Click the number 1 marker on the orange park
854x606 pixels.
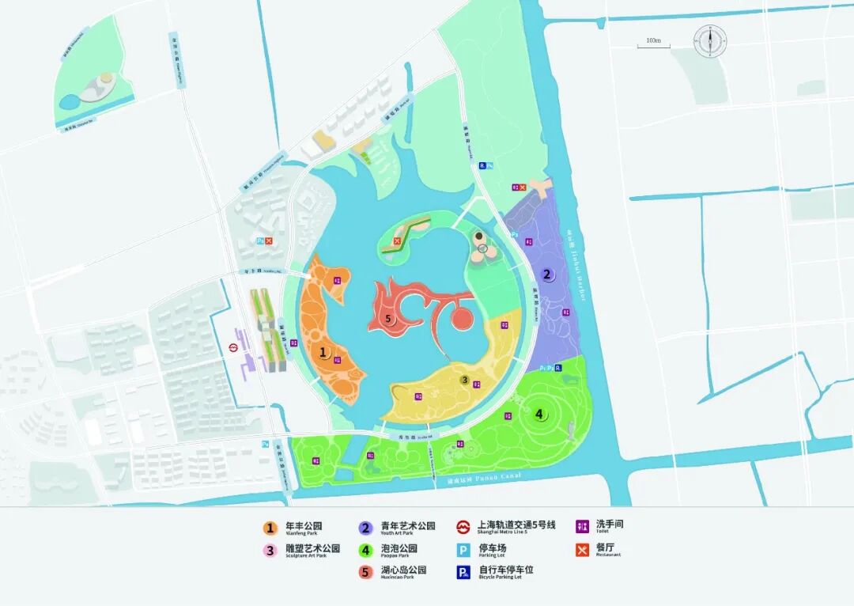(x=323, y=354)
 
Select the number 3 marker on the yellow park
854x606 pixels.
(x=465, y=381)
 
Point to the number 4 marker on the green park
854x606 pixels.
(x=539, y=413)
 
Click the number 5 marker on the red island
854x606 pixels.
(x=387, y=319)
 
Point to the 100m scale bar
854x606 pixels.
(x=653, y=45)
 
